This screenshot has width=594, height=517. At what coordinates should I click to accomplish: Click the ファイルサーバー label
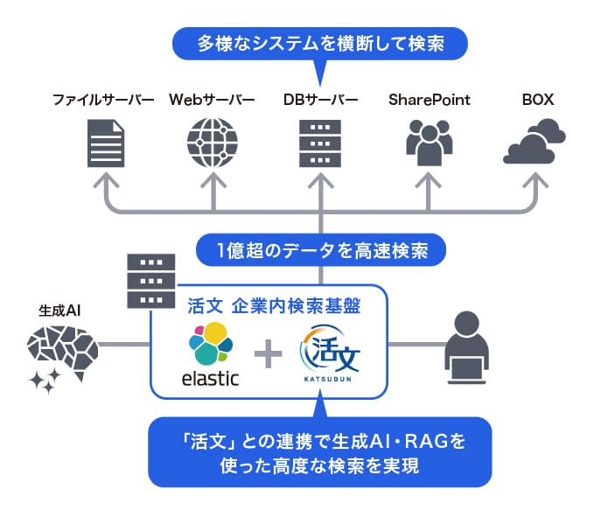tap(103, 99)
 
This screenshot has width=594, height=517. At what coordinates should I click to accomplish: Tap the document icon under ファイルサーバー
tap(106, 143)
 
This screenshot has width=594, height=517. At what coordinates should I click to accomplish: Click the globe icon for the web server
tap(213, 143)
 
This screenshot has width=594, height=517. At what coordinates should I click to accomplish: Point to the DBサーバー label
tap(320, 99)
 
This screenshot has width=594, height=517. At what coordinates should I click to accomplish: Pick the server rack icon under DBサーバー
tap(320, 143)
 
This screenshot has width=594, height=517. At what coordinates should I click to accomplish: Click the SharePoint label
tap(429, 99)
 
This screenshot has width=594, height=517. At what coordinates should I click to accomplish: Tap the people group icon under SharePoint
tap(429, 143)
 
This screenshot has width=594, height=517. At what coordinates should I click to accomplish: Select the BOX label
tap(537, 99)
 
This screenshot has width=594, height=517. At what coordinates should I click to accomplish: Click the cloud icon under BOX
tap(535, 144)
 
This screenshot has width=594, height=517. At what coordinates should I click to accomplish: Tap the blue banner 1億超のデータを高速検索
tap(321, 251)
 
